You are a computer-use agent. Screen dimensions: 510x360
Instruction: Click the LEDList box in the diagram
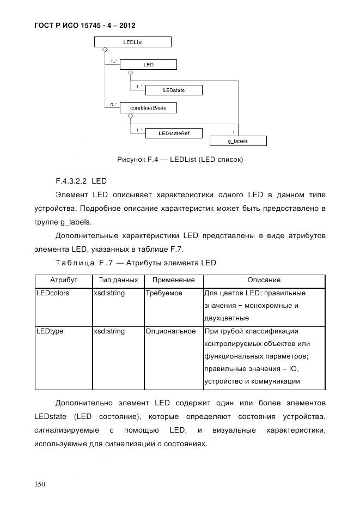pyautogui.click(x=133, y=42)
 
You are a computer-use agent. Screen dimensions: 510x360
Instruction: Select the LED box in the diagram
pyautogui.click(x=148, y=65)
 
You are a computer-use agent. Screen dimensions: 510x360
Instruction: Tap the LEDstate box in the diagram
pyautogui.click(x=174, y=90)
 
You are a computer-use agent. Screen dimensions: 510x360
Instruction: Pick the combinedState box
pyautogui.click(x=148, y=108)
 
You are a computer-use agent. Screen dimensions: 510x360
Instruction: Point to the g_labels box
pyautogui.click(x=238, y=141)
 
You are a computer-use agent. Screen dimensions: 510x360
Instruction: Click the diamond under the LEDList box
pyautogui.click(x=105, y=50)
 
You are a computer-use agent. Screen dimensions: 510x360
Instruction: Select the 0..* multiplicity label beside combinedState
pyautogui.click(x=113, y=104)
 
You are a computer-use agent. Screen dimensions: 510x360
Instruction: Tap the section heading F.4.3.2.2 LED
pyautogui.click(x=81, y=180)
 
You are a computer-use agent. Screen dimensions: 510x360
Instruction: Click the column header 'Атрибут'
pyautogui.click(x=64, y=280)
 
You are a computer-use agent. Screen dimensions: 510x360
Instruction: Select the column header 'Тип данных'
pyautogui.click(x=115, y=280)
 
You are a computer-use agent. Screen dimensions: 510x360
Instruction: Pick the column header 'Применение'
pyautogui.click(x=173, y=280)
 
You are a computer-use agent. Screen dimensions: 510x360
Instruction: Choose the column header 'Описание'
pyautogui.click(x=264, y=280)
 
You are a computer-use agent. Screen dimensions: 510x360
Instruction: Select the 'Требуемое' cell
pyautogui.click(x=164, y=293)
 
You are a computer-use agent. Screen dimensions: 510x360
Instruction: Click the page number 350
pyautogui.click(x=40, y=484)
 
